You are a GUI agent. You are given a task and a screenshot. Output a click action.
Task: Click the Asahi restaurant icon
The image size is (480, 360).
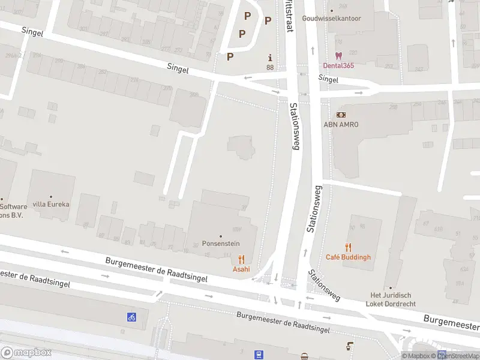point(241,259)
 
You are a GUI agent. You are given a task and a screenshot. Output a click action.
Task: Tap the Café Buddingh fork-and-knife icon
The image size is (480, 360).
point(348,247)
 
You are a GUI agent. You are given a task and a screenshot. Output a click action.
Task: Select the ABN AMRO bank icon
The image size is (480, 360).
point(341,115)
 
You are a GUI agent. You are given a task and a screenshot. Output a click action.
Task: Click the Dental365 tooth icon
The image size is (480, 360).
point(338,55)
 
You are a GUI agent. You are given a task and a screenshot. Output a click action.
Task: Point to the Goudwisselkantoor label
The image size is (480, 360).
point(332,18)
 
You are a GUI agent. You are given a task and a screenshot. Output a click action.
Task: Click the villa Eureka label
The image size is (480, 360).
point(51,204)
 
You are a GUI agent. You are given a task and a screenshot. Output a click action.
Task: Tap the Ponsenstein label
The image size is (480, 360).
point(221,245)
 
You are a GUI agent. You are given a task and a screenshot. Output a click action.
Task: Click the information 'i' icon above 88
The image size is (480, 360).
point(270,58)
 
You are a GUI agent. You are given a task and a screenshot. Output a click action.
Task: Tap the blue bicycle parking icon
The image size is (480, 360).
point(131,317)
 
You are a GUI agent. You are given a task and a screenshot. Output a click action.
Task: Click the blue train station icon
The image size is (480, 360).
point(259,355)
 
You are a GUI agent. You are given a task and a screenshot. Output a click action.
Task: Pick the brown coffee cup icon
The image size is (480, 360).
point(349,346)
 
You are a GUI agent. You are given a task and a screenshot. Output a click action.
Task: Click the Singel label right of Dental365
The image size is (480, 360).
point(328,79)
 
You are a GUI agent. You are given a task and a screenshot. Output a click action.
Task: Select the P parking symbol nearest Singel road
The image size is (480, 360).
point(230,57)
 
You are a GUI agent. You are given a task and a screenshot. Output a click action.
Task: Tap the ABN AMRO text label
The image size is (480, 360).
point(341,124)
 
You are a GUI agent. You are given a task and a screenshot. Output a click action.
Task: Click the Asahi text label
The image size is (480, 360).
point(241,269)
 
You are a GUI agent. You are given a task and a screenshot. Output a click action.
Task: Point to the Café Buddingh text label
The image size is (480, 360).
point(348,257)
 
